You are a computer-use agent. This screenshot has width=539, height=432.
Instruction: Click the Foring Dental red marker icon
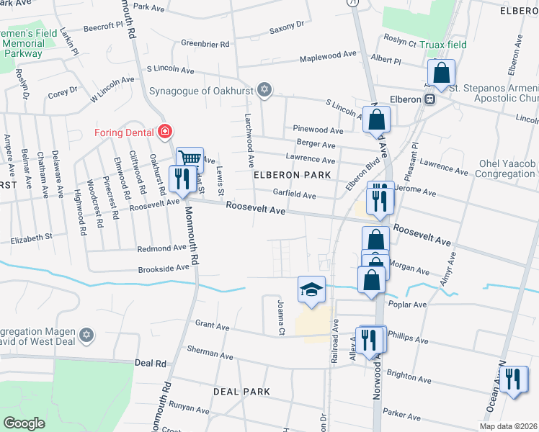[x=166, y=131]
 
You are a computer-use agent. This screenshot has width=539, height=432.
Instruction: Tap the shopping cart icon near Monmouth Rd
[x=189, y=157]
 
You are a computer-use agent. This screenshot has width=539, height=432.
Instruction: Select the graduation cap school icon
[x=311, y=289]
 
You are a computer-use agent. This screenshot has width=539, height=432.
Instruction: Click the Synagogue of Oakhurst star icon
[x=264, y=90]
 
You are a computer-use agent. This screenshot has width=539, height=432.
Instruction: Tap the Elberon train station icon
[x=429, y=99]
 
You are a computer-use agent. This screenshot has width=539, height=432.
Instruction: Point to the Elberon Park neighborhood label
[x=292, y=175]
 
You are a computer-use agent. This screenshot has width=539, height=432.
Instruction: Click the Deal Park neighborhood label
[x=241, y=392]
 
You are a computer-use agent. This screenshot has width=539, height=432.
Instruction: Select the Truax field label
[x=445, y=45]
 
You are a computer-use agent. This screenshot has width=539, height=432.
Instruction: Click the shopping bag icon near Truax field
[x=441, y=72]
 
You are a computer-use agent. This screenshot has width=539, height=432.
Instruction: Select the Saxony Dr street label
[x=287, y=27]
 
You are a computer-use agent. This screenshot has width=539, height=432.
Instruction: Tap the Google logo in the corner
[x=24, y=423]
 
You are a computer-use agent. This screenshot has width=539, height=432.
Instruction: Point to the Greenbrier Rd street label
[x=205, y=44]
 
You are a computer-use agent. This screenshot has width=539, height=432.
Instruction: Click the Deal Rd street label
[x=151, y=364]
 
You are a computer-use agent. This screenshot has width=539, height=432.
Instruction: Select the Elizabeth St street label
[x=30, y=236]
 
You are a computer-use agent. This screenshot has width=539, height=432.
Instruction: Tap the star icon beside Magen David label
[x=86, y=336]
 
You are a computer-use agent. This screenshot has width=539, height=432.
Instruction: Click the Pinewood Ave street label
[x=318, y=130]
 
